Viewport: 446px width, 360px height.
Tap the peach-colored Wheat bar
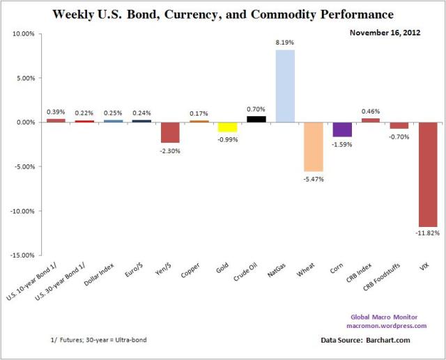click(313, 146)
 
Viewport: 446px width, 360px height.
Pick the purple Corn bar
click(341, 130)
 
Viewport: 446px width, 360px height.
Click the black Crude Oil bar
click(256, 119)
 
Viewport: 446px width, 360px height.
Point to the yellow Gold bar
click(227, 127)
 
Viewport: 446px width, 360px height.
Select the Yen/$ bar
click(170, 132)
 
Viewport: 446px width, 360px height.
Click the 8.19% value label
click(284, 43)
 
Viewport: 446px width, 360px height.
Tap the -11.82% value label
click(427, 233)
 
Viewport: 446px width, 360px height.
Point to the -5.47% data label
click(313, 179)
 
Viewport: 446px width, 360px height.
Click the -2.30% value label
click(170, 151)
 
